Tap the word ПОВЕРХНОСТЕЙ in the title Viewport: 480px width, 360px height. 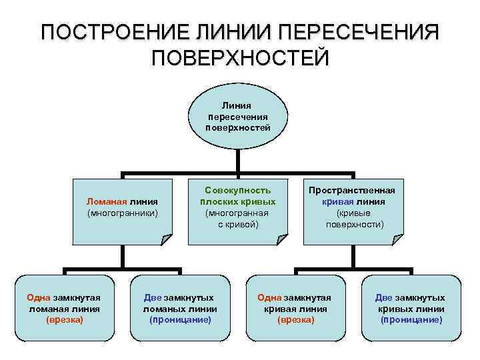point(240,58)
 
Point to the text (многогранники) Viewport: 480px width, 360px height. point(122,213)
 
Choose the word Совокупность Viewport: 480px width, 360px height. point(238,189)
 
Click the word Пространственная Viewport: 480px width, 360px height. point(355,189)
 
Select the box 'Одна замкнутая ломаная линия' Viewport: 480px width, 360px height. point(64,308)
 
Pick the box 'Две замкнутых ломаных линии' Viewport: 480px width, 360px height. point(181,308)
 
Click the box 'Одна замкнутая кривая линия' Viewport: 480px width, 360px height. point(296,308)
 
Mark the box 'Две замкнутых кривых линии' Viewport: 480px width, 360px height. point(411,308)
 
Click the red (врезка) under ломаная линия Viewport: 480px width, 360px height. point(64,320)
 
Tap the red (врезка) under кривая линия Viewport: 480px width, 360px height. point(296,320)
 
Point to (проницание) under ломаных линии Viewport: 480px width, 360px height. point(181,320)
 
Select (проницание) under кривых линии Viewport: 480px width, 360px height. point(411,320)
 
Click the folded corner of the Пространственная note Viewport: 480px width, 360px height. point(398,240)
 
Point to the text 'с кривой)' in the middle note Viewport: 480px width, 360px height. point(238,225)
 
